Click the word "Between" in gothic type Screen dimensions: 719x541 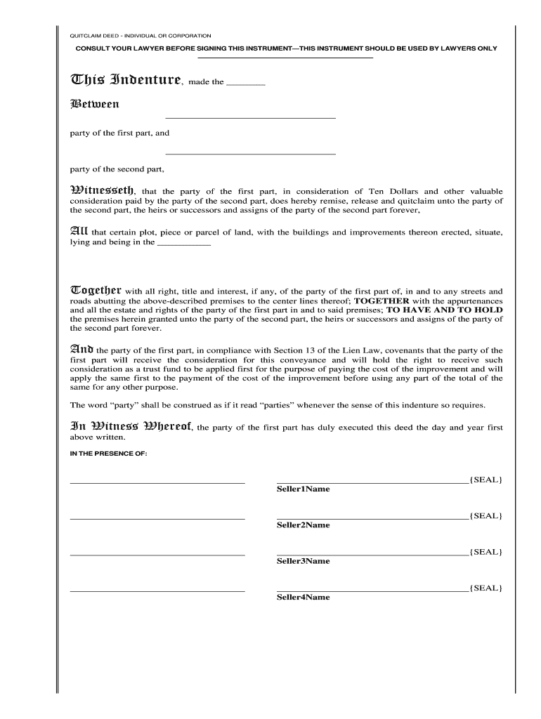94,105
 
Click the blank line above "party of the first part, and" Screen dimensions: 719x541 250,118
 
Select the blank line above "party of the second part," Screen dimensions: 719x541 250,154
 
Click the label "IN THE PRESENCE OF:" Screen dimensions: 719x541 108,454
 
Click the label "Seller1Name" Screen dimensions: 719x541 303,489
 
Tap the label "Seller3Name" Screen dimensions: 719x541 303,561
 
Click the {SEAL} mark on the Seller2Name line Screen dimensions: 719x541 486,515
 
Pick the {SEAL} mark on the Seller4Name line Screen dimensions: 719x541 486,588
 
